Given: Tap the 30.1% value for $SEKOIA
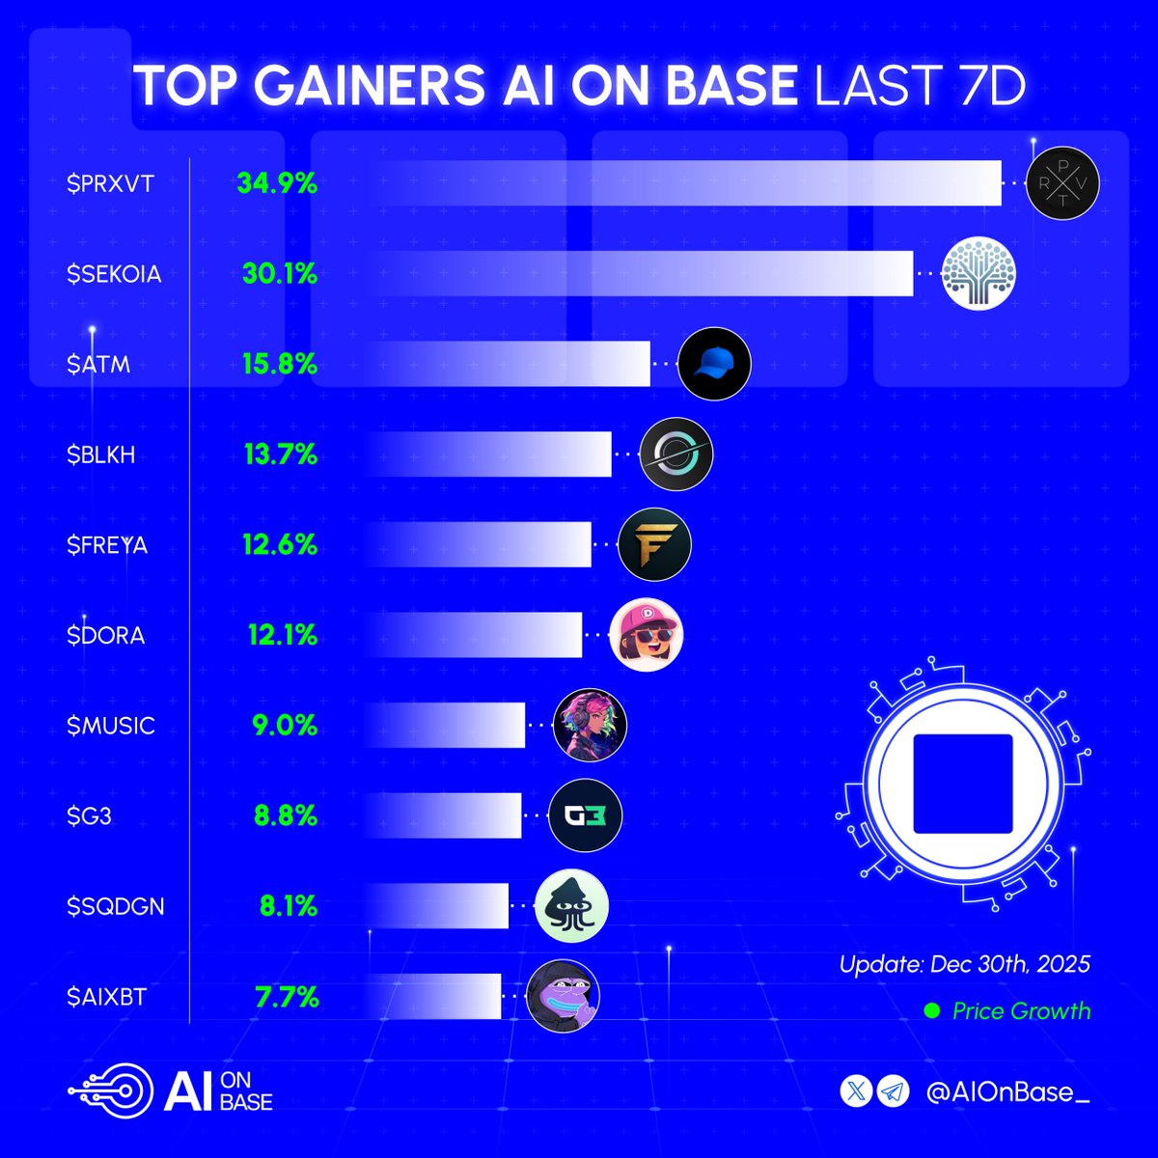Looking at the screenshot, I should coord(280,274).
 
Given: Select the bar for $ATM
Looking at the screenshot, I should coord(502,365).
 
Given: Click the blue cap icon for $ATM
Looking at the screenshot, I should coord(714,364).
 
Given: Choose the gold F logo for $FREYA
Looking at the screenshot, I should coord(654,544).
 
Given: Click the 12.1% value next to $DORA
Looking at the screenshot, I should coord(280,636).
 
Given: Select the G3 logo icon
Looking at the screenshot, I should coord(586,816).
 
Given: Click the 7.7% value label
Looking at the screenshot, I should coord(287,997).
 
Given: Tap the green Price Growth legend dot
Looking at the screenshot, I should coord(931,1011).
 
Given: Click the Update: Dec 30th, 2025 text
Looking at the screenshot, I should coord(964,963).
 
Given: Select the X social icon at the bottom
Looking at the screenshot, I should coord(858,1091).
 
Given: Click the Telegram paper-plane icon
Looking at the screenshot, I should coord(893,1091).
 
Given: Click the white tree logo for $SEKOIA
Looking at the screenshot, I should coord(979,274).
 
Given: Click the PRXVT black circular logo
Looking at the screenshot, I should coord(1061,183).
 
